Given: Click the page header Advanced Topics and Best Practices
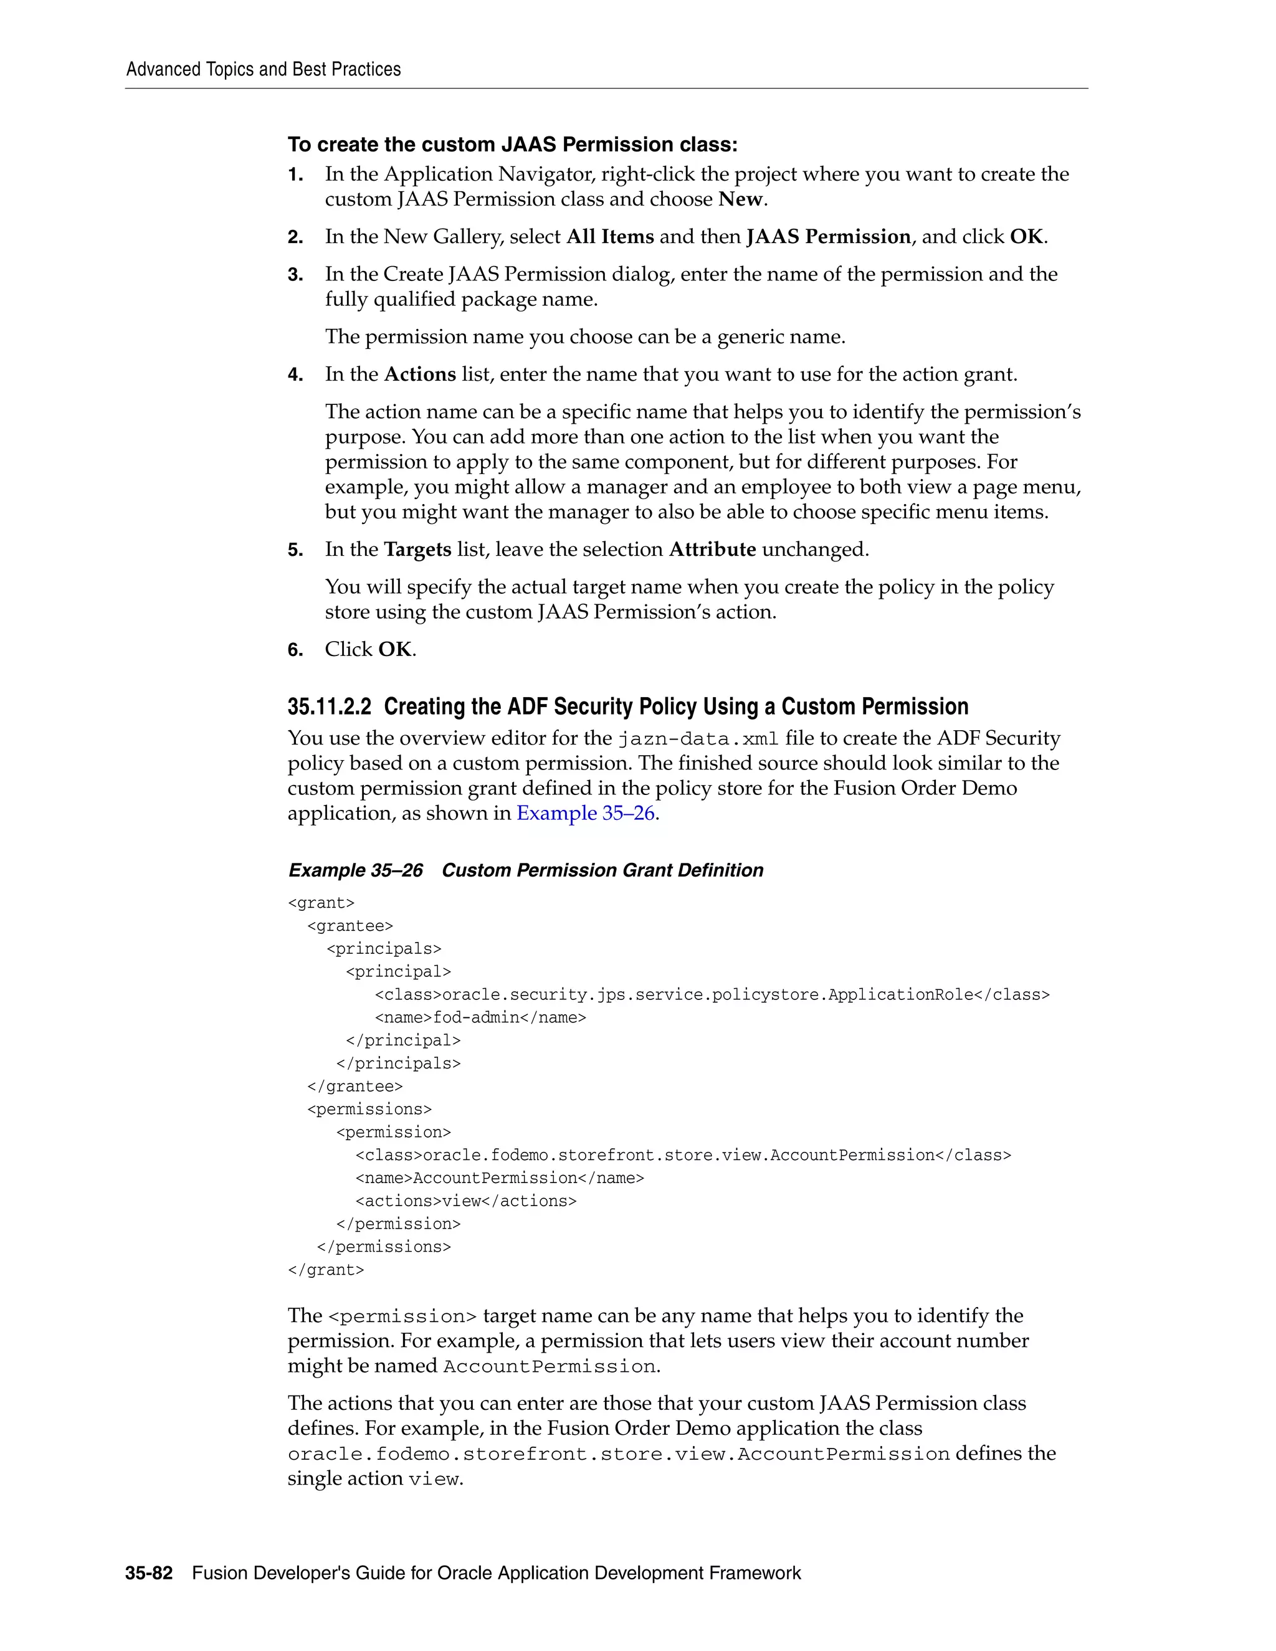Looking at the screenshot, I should (263, 70).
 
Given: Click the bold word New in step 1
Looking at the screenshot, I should (741, 199).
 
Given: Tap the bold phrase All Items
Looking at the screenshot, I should (610, 237).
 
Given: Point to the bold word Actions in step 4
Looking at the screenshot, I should (421, 375).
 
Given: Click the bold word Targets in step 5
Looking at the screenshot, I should (417, 550).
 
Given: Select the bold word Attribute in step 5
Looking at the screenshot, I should (712, 550).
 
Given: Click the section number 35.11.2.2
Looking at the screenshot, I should (330, 707).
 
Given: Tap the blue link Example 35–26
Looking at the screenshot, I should (586, 814).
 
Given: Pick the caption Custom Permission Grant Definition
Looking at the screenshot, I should (602, 870).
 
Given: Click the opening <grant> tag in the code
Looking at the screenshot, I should (321, 903).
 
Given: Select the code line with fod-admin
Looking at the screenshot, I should (480, 1017).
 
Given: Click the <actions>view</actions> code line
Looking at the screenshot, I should (465, 1201).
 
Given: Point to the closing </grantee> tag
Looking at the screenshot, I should (355, 1087).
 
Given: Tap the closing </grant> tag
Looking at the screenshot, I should (326, 1270).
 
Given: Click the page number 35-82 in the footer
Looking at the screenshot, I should (149, 1573).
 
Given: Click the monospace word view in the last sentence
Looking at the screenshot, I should (433, 1480).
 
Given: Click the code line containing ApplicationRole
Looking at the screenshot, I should (712, 995).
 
